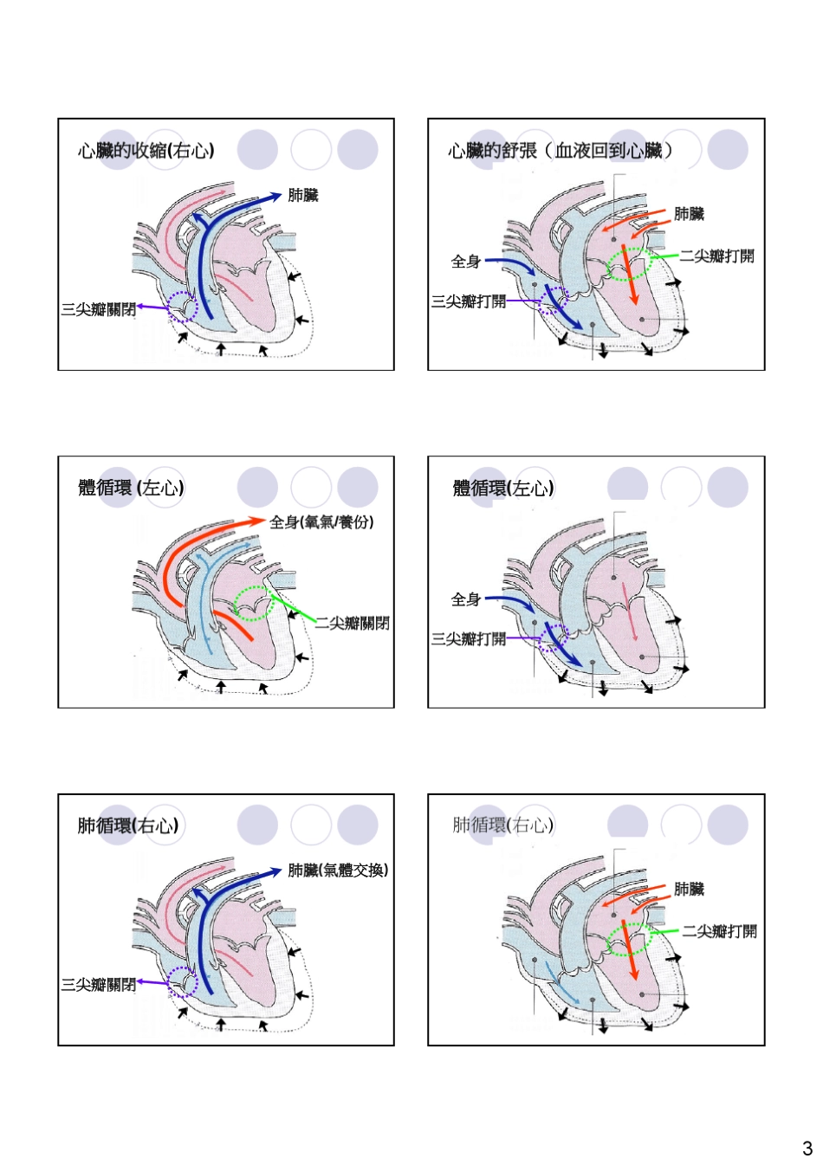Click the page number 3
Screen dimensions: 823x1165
[807, 1149]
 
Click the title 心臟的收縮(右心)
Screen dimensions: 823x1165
[146, 151]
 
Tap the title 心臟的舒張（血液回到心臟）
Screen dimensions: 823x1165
[560, 151]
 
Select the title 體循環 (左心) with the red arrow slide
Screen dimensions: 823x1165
[131, 488]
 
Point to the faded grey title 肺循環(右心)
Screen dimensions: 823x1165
[502, 825]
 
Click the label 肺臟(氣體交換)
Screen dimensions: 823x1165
[338, 870]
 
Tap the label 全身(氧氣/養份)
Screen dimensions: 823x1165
[321, 521]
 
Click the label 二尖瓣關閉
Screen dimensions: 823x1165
[352, 623]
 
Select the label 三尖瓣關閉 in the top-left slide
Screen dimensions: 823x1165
[98, 309]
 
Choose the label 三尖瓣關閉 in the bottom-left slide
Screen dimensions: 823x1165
[98, 984]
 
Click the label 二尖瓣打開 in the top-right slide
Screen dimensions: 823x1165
[716, 256]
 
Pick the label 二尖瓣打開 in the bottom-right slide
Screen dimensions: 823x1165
[719, 931]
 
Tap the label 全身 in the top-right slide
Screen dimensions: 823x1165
[465, 261]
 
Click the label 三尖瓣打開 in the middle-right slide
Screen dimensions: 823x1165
[469, 638]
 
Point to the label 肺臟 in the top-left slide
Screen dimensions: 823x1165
[303, 196]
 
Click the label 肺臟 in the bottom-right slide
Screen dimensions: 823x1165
[690, 889]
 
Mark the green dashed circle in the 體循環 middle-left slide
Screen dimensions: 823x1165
[254, 604]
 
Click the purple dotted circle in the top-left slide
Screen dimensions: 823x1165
[183, 307]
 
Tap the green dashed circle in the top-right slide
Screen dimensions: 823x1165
[629, 264]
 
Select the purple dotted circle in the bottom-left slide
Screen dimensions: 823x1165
[183, 981]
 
